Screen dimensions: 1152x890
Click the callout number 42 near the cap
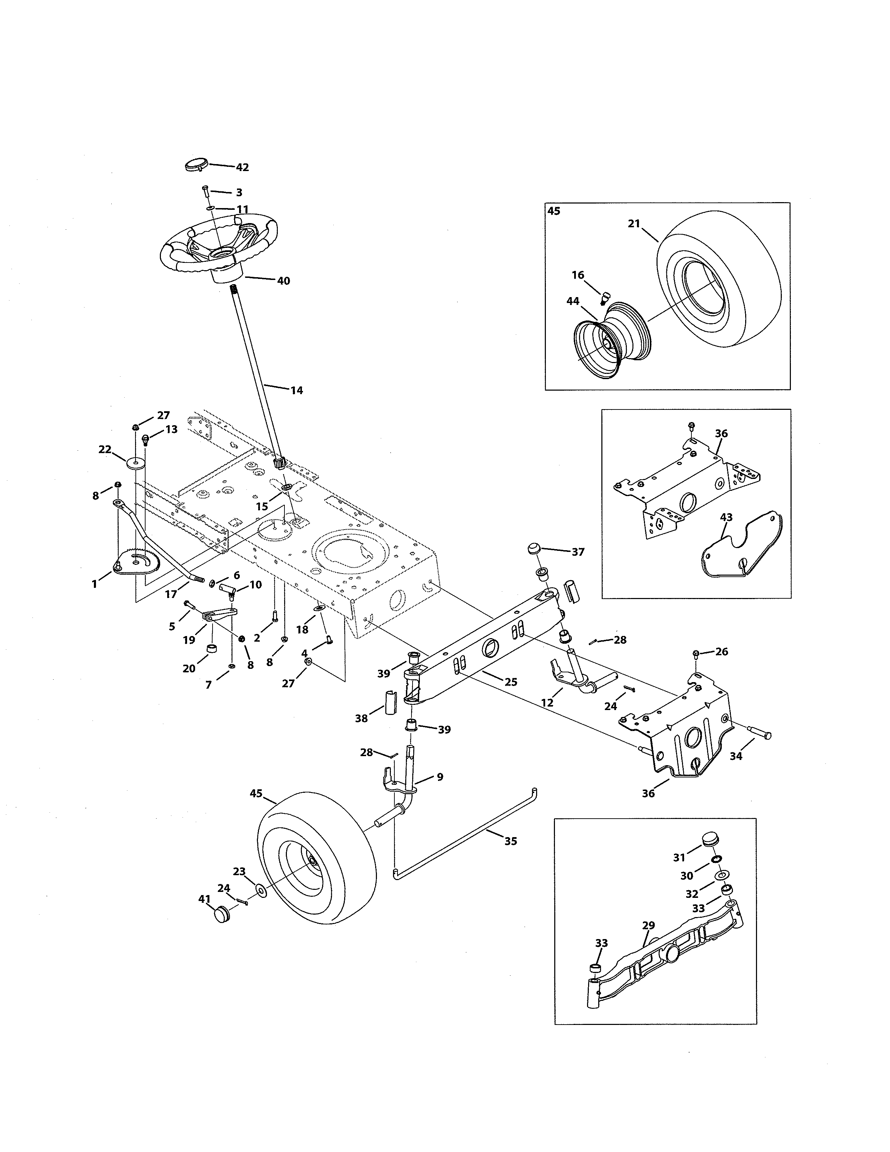click(x=242, y=167)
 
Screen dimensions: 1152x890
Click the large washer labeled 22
click(x=135, y=462)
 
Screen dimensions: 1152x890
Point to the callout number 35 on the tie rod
click(x=510, y=841)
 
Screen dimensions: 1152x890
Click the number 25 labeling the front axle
click(x=510, y=681)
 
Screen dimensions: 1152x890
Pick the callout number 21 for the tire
click(x=634, y=224)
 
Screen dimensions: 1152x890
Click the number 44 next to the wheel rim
click(x=573, y=301)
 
